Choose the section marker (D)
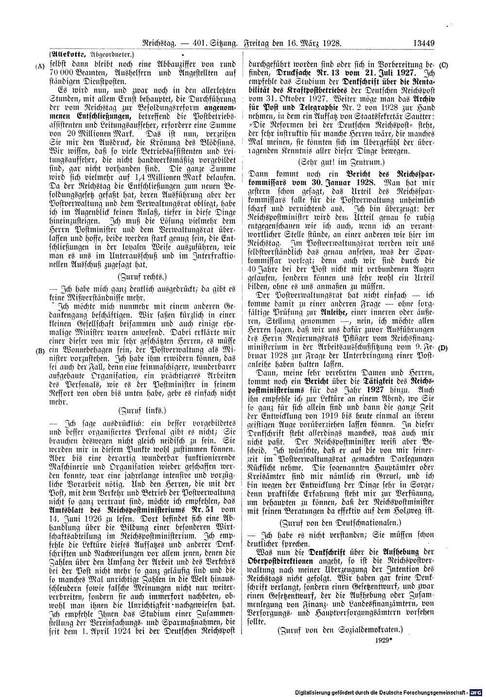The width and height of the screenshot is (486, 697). click(x=443, y=348)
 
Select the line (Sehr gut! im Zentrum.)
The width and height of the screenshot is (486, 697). click(x=340, y=160)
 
